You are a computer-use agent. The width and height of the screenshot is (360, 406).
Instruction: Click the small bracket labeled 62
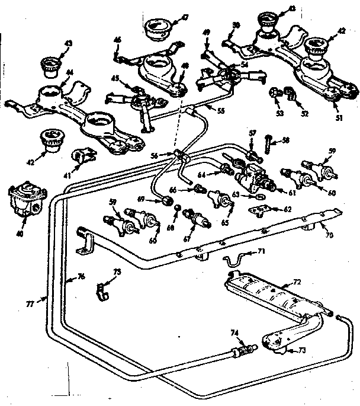258,210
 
